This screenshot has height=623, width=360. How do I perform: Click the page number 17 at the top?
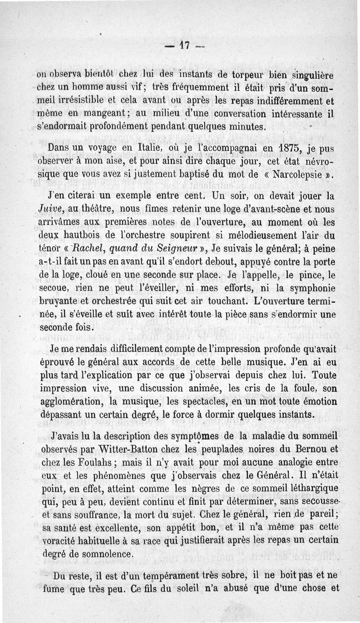(x=184, y=45)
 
